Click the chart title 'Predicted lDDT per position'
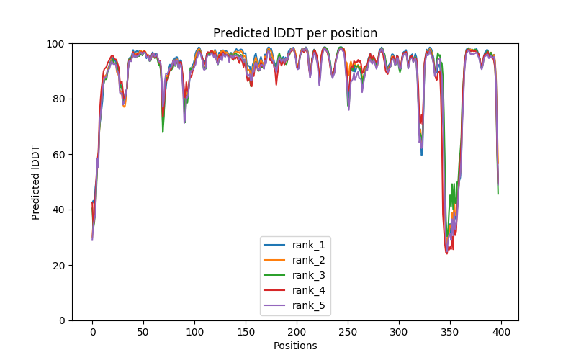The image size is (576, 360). click(x=295, y=33)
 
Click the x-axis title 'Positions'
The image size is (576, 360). click(x=295, y=346)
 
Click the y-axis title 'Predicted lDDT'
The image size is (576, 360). click(x=36, y=182)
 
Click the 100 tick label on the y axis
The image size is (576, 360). click(x=56, y=44)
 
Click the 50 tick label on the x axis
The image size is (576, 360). click(x=143, y=331)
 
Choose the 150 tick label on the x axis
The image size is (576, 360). click(x=246, y=331)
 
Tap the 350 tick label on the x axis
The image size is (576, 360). click(x=450, y=331)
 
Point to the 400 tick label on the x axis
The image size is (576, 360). click(x=501, y=331)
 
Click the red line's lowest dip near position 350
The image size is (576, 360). click(x=446, y=253)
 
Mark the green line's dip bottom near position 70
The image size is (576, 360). click(x=163, y=132)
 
